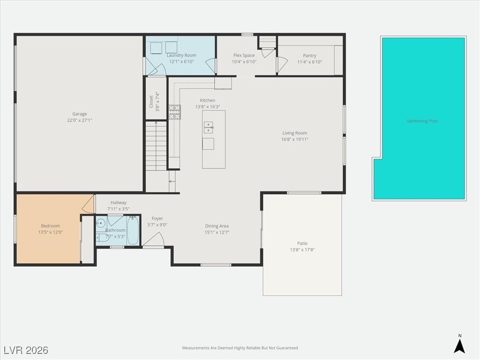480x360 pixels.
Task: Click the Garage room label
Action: pyautogui.click(x=79, y=114)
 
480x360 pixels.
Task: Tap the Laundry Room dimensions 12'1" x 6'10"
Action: pyautogui.click(x=181, y=62)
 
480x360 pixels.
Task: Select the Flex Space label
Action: pyautogui.click(x=244, y=55)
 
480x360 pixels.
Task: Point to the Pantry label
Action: pyautogui.click(x=309, y=55)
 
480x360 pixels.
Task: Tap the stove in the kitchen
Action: pyautogui.click(x=175, y=112)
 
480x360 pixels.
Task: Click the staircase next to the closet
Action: pyautogui.click(x=157, y=145)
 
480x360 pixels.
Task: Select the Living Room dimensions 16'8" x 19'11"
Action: pyautogui.click(x=294, y=139)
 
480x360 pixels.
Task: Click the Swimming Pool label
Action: pyautogui.click(x=422, y=121)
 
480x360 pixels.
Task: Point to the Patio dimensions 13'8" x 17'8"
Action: pyautogui.click(x=302, y=250)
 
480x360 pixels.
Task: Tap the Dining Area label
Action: pyautogui.click(x=217, y=226)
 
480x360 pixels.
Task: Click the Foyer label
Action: pyautogui.click(x=157, y=218)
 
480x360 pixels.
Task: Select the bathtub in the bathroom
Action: pyautogui.click(x=133, y=231)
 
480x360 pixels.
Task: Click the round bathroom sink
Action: pyautogui.click(x=100, y=224)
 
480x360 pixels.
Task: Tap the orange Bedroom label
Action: pyautogui.click(x=50, y=226)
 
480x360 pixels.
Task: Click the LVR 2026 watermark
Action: pyautogui.click(x=26, y=350)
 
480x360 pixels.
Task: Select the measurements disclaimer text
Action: pyautogui.click(x=240, y=348)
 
